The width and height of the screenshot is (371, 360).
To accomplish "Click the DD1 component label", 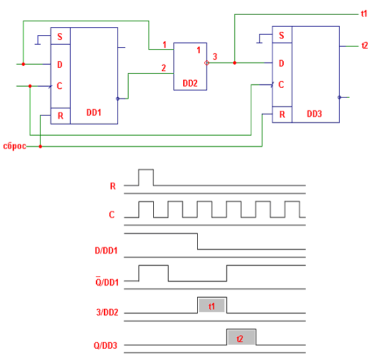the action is (x=94, y=112).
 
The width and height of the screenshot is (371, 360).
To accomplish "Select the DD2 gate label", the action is (x=190, y=83).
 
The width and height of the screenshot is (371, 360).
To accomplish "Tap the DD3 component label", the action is (x=314, y=114).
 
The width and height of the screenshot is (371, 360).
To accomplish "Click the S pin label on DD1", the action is (x=60, y=37).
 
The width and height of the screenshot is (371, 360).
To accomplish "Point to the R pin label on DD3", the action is (x=282, y=114).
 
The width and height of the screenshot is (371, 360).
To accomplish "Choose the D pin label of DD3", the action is (x=281, y=63).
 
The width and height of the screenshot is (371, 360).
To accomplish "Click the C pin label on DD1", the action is (x=59, y=86).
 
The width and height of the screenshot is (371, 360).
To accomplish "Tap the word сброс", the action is (x=15, y=146).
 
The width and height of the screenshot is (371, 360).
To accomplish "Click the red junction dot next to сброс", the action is (x=41, y=146).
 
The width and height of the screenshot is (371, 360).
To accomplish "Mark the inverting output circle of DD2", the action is (x=206, y=63).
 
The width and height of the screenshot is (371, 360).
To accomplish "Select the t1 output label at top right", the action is (x=364, y=14).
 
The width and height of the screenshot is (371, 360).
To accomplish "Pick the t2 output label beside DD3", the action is (x=364, y=45).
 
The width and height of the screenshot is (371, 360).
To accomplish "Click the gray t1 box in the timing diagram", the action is (x=212, y=305).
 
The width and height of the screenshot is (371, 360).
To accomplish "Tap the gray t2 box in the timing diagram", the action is (x=241, y=337).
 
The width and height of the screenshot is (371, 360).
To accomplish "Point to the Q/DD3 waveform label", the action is (x=105, y=346).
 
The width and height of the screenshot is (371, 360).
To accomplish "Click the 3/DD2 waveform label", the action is (x=107, y=313).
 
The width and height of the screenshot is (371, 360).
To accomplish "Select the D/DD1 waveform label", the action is (x=106, y=251).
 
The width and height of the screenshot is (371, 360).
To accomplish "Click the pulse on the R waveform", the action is (x=146, y=177).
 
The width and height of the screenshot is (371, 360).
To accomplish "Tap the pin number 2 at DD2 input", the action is (x=163, y=68).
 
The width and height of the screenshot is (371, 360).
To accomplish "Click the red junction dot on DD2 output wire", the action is (x=234, y=63).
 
